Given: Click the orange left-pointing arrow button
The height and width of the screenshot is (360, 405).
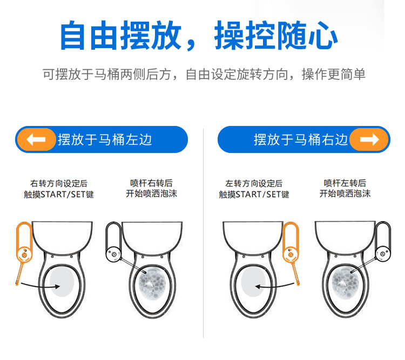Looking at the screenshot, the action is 36,139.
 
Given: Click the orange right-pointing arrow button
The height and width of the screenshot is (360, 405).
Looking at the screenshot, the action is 369,139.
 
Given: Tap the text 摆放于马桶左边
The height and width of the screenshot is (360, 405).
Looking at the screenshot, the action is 105,139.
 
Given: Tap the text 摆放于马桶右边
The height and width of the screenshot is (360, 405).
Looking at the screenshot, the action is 301,139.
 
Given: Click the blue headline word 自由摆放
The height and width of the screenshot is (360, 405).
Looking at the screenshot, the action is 120,36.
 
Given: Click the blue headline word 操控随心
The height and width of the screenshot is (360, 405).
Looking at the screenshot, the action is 276,36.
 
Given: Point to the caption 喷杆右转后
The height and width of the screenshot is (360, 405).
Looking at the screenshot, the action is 151,183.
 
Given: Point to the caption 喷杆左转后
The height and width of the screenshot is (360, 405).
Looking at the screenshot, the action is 345,183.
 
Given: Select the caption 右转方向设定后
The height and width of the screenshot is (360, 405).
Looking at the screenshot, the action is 59,183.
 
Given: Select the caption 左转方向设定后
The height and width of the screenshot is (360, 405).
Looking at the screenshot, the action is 254,183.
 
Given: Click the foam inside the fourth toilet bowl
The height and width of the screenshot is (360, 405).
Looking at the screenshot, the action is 346,282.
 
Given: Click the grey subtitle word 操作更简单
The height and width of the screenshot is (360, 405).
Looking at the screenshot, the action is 334,75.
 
